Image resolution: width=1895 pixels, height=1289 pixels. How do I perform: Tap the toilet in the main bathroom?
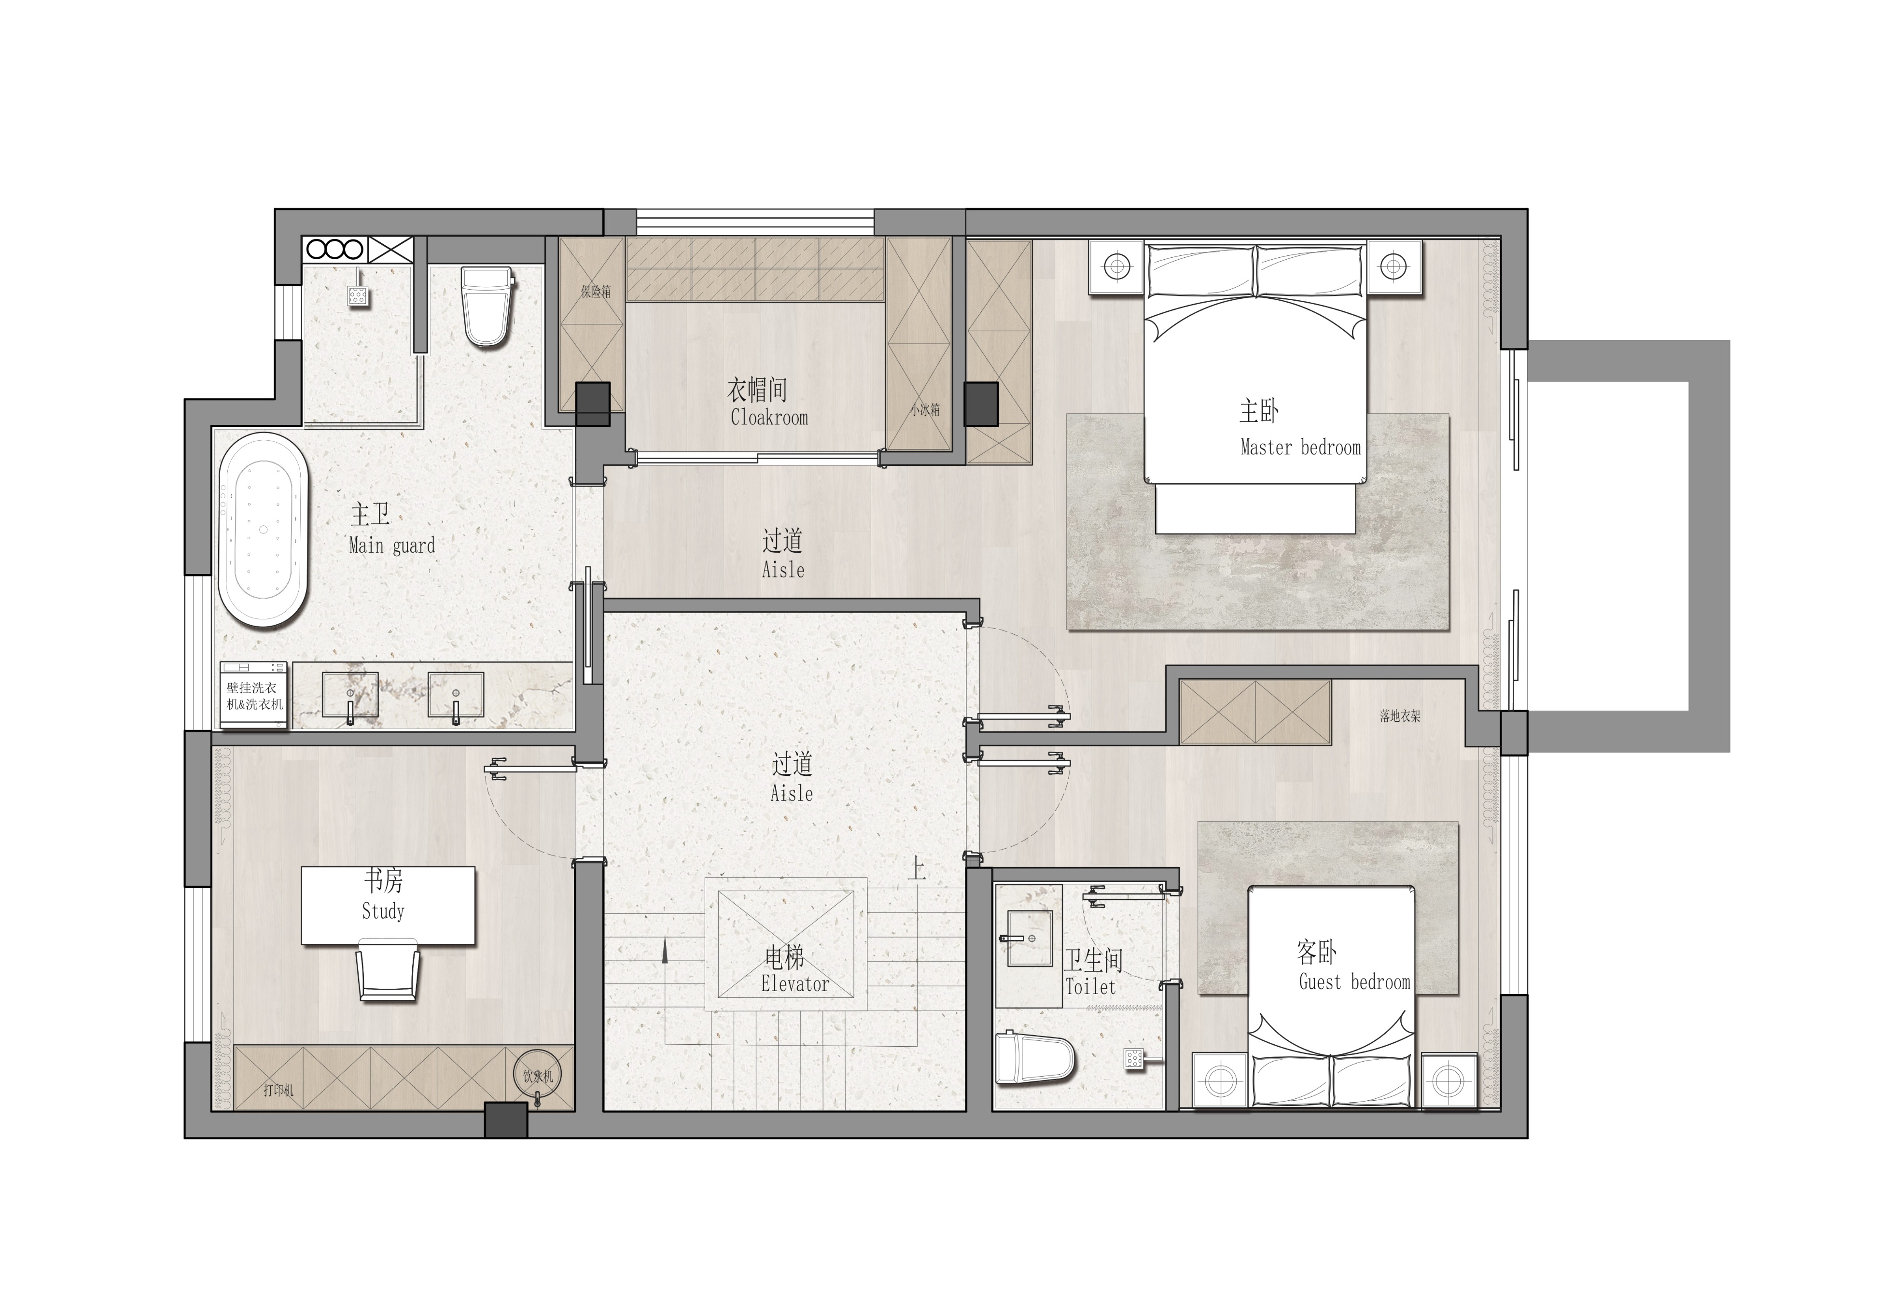(x=488, y=306)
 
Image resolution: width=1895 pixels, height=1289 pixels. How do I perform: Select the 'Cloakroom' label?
(x=769, y=418)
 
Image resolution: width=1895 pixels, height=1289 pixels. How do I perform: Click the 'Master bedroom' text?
(x=1300, y=447)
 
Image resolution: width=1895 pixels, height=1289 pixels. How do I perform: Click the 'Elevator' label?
(x=795, y=984)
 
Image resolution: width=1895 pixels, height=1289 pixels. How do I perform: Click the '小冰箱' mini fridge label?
(x=925, y=409)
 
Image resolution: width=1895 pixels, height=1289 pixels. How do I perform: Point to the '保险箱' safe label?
(x=595, y=291)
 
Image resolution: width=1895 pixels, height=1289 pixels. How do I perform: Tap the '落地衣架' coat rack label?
(x=1400, y=716)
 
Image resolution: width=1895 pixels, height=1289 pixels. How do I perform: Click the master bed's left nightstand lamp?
(x=1117, y=266)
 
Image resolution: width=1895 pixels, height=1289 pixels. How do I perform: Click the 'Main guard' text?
(x=392, y=546)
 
